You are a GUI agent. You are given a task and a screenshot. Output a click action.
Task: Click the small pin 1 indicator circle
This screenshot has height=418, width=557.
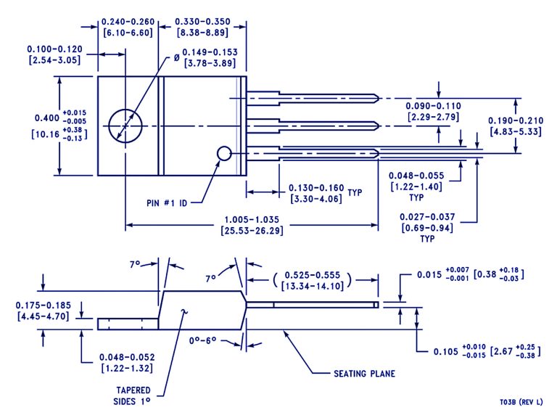click(224, 153)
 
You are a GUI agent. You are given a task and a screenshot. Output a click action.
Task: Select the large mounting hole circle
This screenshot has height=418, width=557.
click(123, 125)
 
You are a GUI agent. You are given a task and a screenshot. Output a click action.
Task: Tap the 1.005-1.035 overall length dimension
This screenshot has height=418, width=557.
click(252, 218)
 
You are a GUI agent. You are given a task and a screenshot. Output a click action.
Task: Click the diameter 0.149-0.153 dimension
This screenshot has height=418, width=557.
click(209, 53)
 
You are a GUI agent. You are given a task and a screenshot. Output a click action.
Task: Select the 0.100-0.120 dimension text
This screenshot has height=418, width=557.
click(55, 49)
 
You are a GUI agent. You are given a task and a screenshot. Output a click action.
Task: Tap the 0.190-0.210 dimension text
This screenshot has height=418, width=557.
click(514, 120)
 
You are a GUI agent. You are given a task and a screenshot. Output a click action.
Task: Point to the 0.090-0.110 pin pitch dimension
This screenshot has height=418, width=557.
click(432, 106)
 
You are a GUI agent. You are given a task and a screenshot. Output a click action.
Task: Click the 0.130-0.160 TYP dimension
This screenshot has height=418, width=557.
click(315, 187)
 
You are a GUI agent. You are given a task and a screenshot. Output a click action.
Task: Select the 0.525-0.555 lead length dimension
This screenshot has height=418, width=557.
click(313, 276)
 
